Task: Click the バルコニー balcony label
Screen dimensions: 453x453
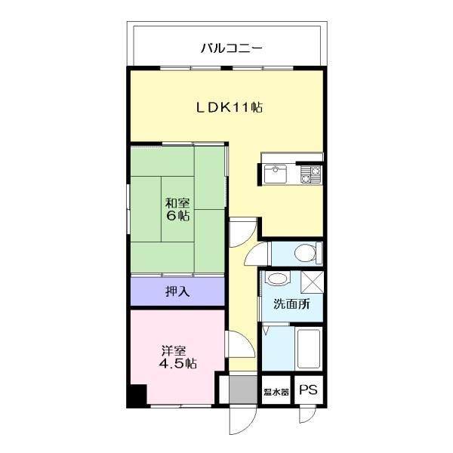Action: click(x=231, y=48)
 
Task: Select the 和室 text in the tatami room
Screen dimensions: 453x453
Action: click(x=178, y=202)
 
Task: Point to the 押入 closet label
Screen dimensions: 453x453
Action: click(x=177, y=291)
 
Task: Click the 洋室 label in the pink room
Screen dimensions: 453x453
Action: click(x=173, y=350)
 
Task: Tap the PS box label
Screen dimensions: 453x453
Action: click(x=307, y=390)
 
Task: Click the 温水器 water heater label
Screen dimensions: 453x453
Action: click(x=276, y=392)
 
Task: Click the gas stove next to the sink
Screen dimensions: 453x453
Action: click(x=311, y=175)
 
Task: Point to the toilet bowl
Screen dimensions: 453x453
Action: click(x=305, y=254)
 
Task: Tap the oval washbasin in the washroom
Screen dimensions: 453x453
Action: click(x=277, y=279)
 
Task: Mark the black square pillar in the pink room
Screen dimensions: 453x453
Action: click(x=136, y=396)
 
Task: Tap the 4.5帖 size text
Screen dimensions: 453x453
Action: click(x=177, y=363)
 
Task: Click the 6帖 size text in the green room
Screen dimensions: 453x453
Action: click(x=178, y=215)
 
